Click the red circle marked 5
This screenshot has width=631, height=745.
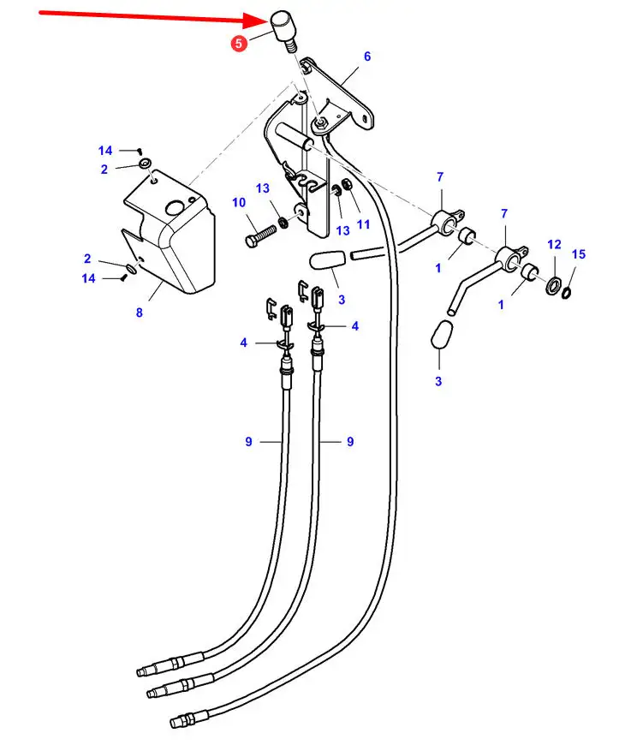click(239, 44)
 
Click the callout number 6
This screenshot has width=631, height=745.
click(367, 57)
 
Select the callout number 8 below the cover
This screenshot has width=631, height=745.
click(140, 313)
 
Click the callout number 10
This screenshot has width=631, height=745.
click(239, 203)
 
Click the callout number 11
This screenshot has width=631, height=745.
click(364, 224)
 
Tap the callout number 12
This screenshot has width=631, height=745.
click(554, 245)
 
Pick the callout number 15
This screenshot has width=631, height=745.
click(579, 254)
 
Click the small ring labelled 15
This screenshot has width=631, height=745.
click(566, 293)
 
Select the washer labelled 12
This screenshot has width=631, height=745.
click(553, 285)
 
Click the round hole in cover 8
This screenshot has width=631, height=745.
click(174, 207)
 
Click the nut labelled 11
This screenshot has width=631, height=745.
click(347, 183)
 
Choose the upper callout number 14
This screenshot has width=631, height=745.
click(105, 151)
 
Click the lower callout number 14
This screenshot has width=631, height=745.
click(88, 278)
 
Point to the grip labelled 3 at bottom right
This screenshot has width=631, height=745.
click(442, 335)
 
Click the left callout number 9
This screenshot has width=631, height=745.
click(248, 442)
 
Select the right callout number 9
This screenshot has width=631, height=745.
click(350, 442)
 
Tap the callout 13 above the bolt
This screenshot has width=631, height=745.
click(262, 188)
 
